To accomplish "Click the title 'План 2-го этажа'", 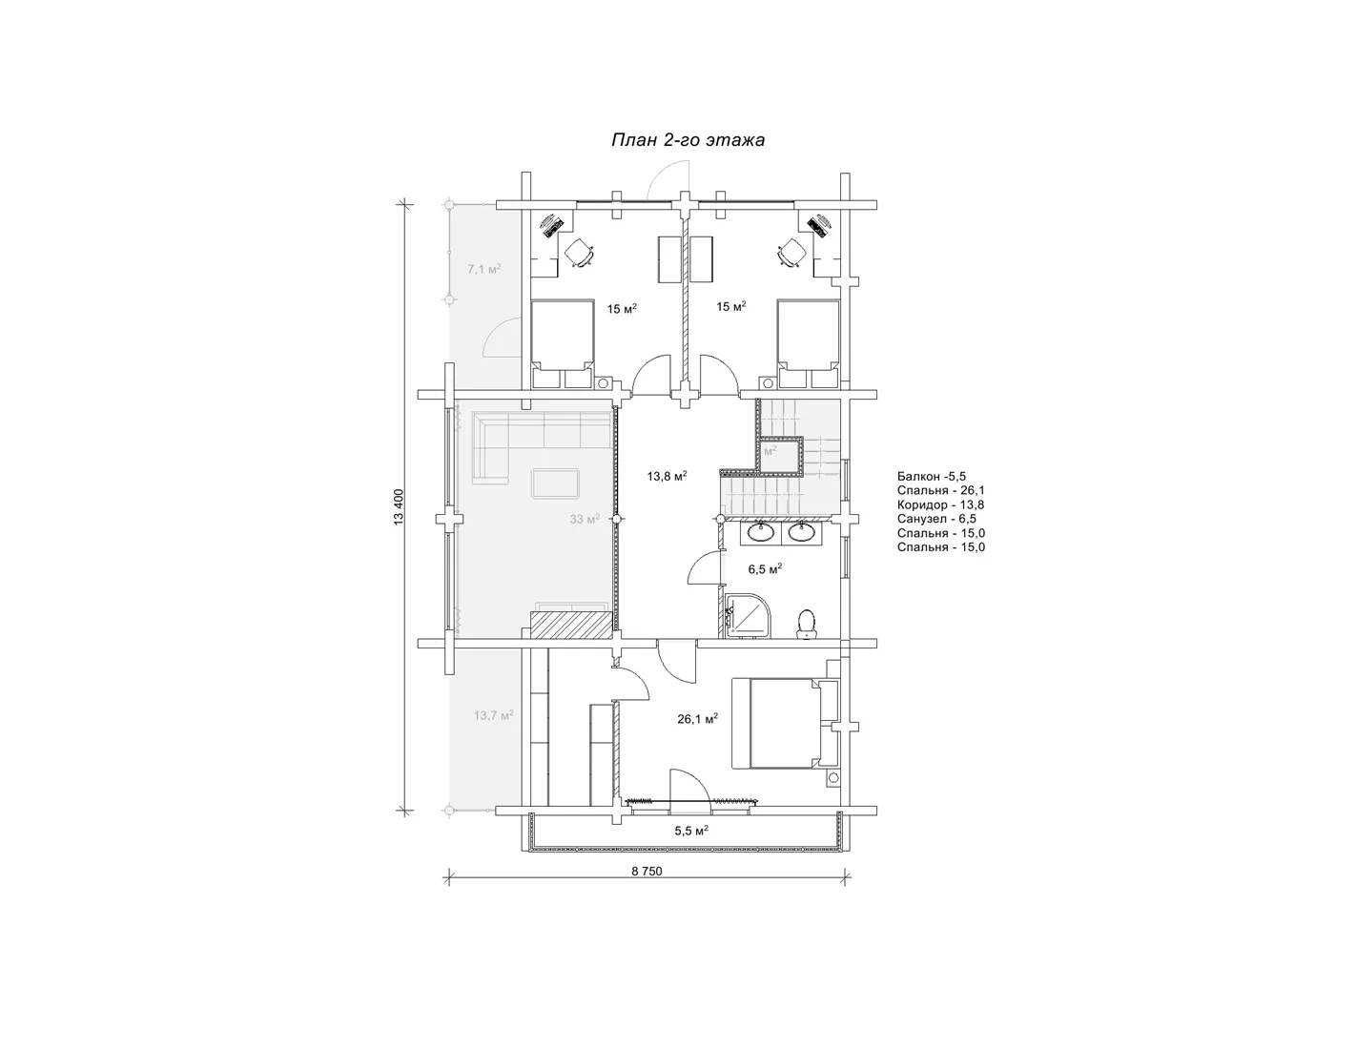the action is pyautogui.click(x=688, y=140).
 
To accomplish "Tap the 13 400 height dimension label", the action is pyautogui.click(x=400, y=506).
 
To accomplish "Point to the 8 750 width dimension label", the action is pyautogui.click(x=647, y=872).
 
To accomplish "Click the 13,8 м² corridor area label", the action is pyautogui.click(x=667, y=476).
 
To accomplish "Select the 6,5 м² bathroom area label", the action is pyautogui.click(x=765, y=569).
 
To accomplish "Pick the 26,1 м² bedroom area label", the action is pyautogui.click(x=697, y=719).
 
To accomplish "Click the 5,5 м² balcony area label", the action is pyautogui.click(x=690, y=831).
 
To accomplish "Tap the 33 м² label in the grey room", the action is pyautogui.click(x=585, y=519).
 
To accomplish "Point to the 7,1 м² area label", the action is pyautogui.click(x=484, y=269).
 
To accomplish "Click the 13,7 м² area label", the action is pyautogui.click(x=493, y=715).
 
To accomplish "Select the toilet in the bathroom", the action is pyautogui.click(x=807, y=624).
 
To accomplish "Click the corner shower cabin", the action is pyautogui.click(x=749, y=615).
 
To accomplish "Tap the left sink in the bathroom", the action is pyautogui.click(x=761, y=532).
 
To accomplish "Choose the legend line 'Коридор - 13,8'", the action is pyautogui.click(x=941, y=504).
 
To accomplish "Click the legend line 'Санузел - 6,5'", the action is pyautogui.click(x=936, y=519).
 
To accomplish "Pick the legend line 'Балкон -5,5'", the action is pyautogui.click(x=932, y=476).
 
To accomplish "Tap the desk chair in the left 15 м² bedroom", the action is pyautogui.click(x=580, y=254).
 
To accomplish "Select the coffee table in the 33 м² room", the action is pyautogui.click(x=556, y=483).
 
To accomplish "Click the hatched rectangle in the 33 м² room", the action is pyautogui.click(x=570, y=626).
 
